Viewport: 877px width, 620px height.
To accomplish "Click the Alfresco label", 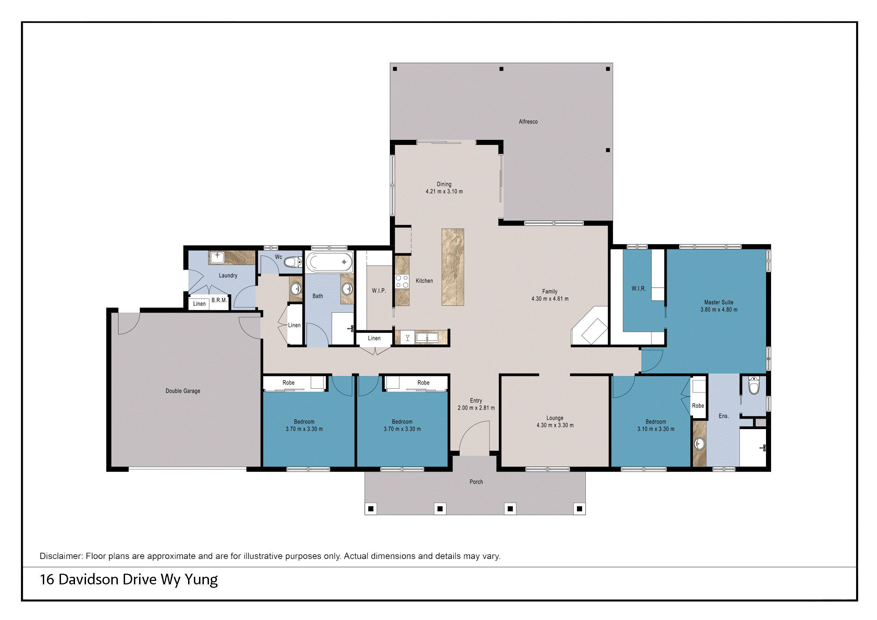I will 528,122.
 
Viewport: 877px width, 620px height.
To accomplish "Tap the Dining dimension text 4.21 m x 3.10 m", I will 444,192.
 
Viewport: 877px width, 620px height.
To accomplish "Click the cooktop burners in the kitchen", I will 402,281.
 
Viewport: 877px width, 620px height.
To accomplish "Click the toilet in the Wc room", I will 293,262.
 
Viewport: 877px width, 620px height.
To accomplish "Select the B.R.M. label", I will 219,300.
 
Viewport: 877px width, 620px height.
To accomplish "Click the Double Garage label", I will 183,391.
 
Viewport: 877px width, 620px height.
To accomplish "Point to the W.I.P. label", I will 379,291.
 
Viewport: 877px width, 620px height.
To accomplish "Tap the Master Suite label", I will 718,302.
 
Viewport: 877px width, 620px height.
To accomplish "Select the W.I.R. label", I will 639,288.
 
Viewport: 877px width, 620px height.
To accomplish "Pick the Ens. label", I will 724,416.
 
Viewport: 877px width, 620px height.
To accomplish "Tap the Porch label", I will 476,482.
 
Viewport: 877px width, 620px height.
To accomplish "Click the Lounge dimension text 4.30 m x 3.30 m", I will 555,425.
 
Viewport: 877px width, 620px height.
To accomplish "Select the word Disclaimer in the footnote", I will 61,556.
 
